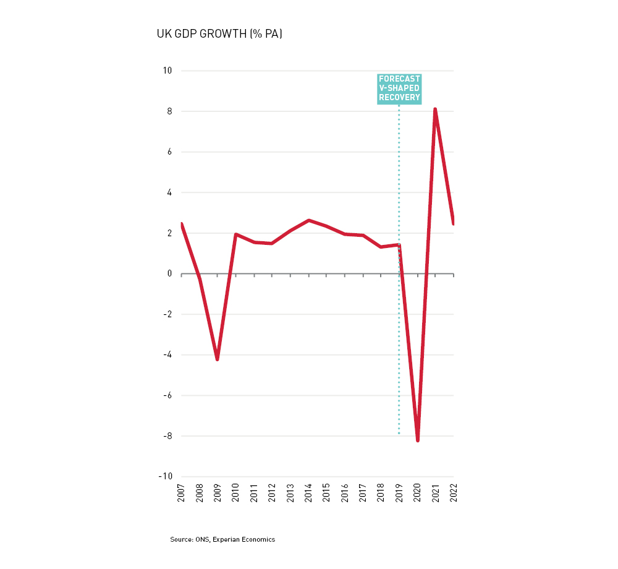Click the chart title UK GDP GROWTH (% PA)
click(219, 34)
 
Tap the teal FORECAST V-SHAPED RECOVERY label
click(399, 88)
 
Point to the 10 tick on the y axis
click(167, 71)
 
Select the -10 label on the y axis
click(166, 477)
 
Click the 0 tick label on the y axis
click(169, 274)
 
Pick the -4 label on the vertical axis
click(167, 355)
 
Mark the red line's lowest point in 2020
click(418, 440)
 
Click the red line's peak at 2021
click(435, 109)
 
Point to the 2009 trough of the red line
click(218, 359)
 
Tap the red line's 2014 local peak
click(308, 220)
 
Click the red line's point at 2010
click(235, 234)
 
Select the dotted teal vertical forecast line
click(399, 340)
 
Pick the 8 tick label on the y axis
click(169, 111)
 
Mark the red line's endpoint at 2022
click(454, 223)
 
